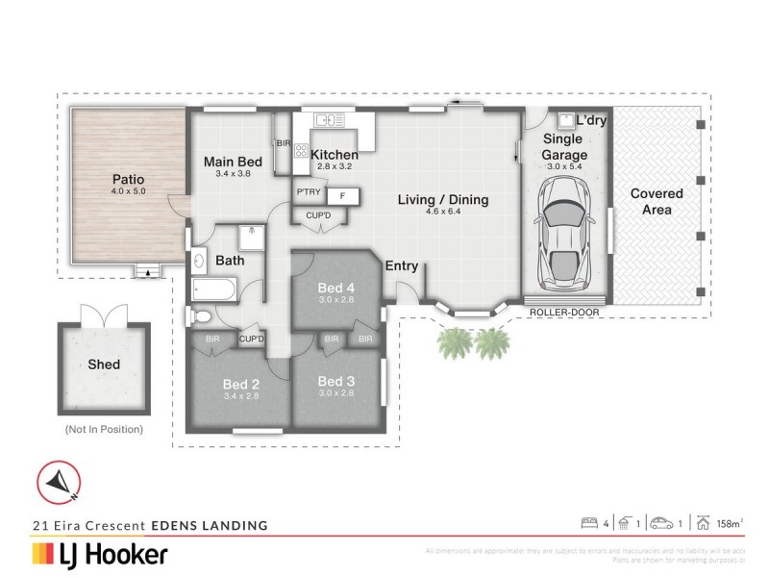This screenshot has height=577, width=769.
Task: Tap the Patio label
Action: pyautogui.click(x=128, y=179)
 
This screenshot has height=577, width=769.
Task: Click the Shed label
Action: pyautogui.click(x=103, y=364)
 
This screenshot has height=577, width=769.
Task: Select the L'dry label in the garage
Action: pyautogui.click(x=592, y=120)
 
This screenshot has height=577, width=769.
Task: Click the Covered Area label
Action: pyautogui.click(x=657, y=201)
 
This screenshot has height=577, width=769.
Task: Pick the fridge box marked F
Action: pyautogui.click(x=342, y=195)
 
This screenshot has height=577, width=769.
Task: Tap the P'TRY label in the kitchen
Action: pyautogui.click(x=308, y=192)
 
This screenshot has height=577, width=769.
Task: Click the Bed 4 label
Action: pyautogui.click(x=335, y=287)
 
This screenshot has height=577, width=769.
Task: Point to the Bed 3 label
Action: pyautogui.click(x=335, y=382)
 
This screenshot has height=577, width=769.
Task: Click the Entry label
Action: pyautogui.click(x=402, y=266)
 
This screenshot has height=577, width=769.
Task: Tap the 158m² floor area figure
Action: pyautogui.click(x=728, y=524)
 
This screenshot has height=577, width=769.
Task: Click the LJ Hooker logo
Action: pyautogui.click(x=101, y=554)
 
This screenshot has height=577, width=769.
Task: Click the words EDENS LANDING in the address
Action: pyautogui.click(x=207, y=525)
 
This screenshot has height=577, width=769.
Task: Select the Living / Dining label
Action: pyautogui.click(x=444, y=200)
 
